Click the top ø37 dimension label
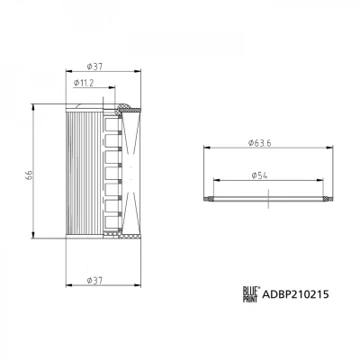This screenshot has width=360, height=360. (x=94, y=67)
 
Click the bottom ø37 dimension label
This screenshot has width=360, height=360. (x=94, y=281)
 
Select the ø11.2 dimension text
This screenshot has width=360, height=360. (x=84, y=83)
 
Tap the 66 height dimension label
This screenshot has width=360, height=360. (x=29, y=175)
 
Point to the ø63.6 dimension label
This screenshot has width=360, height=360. (x=260, y=143)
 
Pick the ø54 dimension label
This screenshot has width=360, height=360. (x=259, y=175)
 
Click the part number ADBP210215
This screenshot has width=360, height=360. (x=295, y=294)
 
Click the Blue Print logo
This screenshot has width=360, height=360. (x=250, y=294)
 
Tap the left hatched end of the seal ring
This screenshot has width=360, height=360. (x=209, y=199)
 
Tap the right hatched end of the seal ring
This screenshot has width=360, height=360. (x=328, y=199)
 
